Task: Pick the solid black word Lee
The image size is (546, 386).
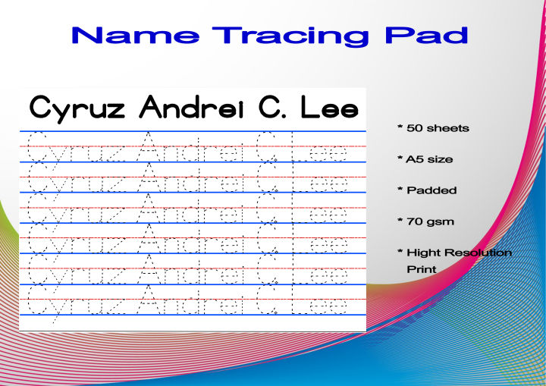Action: (328, 108)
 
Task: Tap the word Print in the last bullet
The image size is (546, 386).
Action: (422, 268)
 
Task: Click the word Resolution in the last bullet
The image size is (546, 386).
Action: (479, 253)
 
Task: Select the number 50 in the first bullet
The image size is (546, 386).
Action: (414, 128)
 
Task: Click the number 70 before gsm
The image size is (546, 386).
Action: (414, 221)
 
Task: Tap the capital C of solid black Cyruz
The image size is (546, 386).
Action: (39, 108)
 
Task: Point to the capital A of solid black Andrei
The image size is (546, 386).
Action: (152, 108)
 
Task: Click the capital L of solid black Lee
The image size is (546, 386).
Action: (308, 108)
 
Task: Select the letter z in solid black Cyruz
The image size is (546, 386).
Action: (119, 111)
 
